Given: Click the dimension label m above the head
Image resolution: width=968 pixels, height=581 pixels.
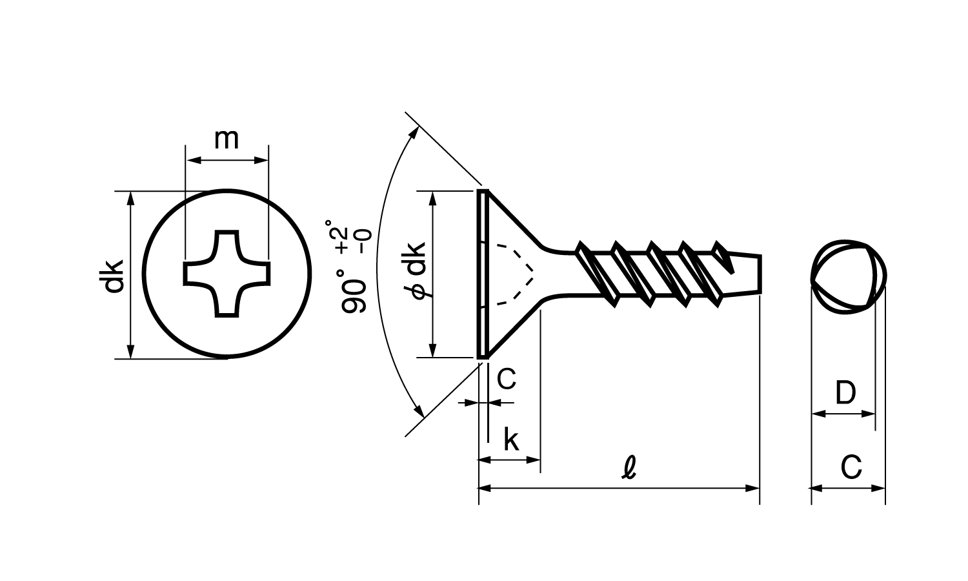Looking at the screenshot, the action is pyautogui.click(x=227, y=139).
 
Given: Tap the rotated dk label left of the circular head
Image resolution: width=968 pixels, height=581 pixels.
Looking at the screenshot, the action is pyautogui.click(x=112, y=277).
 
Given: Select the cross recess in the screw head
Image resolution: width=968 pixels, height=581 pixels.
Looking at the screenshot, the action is pyautogui.click(x=227, y=274).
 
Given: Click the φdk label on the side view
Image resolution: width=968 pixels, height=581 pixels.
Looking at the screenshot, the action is pyautogui.click(x=417, y=270).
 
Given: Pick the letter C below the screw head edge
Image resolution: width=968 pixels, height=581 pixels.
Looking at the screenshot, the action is pyautogui.click(x=506, y=379).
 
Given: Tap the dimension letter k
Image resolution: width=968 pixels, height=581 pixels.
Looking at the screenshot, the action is pyautogui.click(x=511, y=440).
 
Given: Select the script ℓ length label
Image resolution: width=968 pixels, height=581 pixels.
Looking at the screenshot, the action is pyautogui.click(x=629, y=468).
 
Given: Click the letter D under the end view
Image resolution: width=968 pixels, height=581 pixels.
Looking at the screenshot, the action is pyautogui.click(x=845, y=392).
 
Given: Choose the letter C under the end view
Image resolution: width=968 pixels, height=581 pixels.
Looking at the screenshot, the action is pyautogui.click(x=851, y=467).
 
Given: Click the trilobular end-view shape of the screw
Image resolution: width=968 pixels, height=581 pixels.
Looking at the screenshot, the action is pyautogui.click(x=812, y=277).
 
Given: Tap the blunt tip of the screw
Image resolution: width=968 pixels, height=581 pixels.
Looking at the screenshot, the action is pyautogui.click(x=760, y=274).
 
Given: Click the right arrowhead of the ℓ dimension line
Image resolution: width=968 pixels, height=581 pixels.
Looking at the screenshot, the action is pyautogui.click(x=752, y=489).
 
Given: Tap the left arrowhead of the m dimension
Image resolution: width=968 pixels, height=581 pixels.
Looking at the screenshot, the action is pyautogui.click(x=193, y=160).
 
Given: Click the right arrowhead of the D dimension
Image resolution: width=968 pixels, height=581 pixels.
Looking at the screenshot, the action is pyautogui.click(x=868, y=414).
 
